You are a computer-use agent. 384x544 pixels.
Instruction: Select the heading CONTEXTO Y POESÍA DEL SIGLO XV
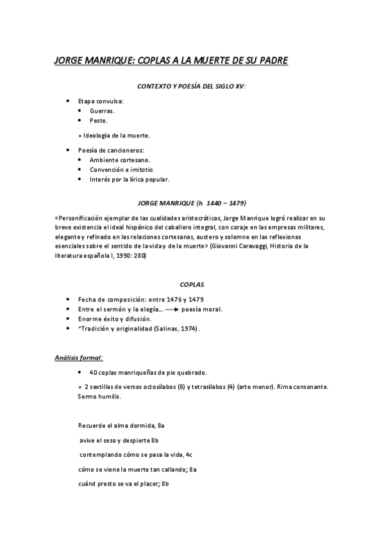click(x=192, y=85)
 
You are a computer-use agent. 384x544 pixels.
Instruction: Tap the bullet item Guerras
click(x=103, y=111)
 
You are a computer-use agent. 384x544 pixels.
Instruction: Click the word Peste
click(x=99, y=120)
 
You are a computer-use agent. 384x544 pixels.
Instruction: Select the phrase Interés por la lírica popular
click(x=129, y=179)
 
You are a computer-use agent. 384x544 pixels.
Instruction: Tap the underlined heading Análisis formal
click(x=79, y=357)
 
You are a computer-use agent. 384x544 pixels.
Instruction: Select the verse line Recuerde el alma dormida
click(x=117, y=425)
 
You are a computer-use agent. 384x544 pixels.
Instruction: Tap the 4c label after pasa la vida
click(x=187, y=455)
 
